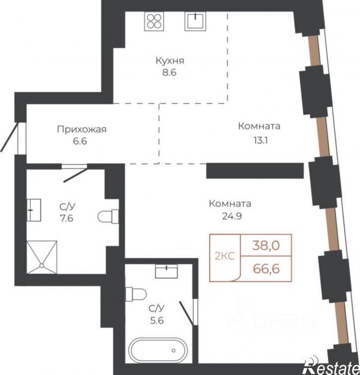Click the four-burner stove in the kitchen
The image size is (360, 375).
154,21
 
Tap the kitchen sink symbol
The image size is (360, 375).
195,21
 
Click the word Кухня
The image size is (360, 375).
170,61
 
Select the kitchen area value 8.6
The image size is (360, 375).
169,72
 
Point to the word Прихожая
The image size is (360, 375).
81,129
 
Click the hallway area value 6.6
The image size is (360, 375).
80,141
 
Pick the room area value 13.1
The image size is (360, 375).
261,141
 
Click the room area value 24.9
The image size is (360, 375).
232,216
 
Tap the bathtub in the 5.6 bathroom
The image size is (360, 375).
158,350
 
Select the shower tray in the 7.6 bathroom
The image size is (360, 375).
42,257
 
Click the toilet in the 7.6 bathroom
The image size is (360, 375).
108,216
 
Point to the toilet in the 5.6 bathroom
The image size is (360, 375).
136,294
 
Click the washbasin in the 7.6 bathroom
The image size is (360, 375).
33,210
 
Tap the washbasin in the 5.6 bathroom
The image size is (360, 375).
167,271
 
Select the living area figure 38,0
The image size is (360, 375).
266,246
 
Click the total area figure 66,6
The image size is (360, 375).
267,269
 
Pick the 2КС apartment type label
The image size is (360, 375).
225,256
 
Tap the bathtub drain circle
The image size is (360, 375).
173,351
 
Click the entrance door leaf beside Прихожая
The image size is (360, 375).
9,137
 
